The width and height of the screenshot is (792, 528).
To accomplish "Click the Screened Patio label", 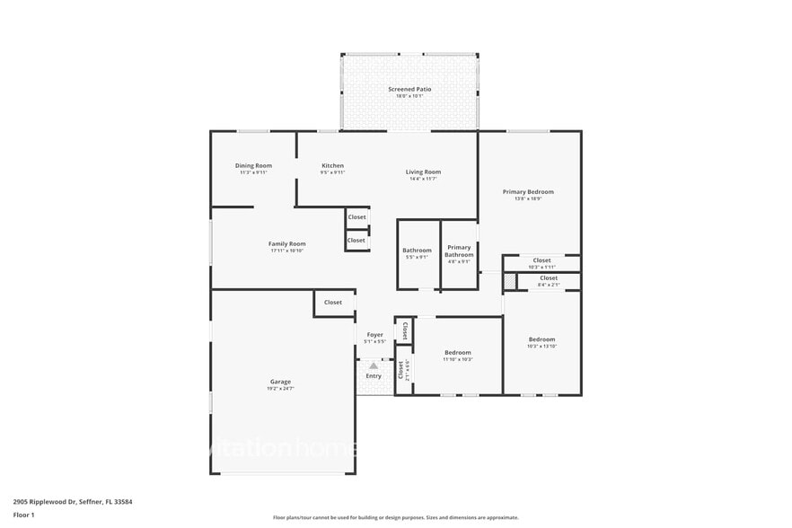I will (409, 89).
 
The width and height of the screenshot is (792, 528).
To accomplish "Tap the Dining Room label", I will (253, 165).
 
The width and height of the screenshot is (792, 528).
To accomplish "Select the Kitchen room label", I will (332, 165).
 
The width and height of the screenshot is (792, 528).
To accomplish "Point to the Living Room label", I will (423, 172).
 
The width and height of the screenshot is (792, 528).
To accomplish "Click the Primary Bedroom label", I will (528, 191).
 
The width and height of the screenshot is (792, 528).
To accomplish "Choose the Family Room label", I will (287, 243).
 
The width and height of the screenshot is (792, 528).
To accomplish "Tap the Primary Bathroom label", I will (459, 251).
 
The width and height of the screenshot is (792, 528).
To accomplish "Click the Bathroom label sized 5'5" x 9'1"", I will (417, 251).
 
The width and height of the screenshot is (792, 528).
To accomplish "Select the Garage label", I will (280, 382).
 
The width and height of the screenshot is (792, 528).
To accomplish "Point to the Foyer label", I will (374, 335).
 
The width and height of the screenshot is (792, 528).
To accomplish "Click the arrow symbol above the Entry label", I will (374, 365).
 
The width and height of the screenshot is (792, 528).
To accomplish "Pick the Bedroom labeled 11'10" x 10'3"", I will (458, 353).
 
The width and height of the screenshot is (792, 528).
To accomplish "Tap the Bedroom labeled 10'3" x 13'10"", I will (541, 339).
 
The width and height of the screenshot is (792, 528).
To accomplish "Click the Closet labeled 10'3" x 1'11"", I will (541, 260).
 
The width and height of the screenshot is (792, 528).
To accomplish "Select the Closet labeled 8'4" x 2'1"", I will (549, 278).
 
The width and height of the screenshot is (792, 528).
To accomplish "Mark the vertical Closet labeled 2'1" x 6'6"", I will (401, 369).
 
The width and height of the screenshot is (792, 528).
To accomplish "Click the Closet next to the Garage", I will (333, 303).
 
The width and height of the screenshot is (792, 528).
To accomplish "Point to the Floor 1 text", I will (24, 515).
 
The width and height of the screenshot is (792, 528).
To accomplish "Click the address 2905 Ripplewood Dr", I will (45, 502).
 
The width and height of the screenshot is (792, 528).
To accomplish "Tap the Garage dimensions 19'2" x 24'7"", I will (280, 388).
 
